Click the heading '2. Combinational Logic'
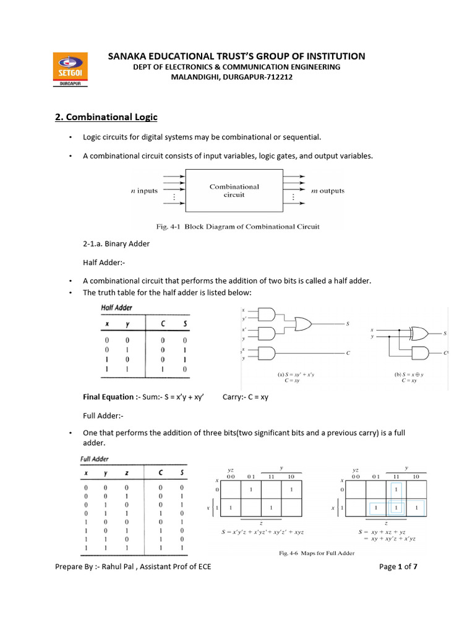(106, 117)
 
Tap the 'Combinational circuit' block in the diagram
(234, 190)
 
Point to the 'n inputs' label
(144, 191)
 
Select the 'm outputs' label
(327, 191)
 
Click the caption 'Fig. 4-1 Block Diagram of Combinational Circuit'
(237, 227)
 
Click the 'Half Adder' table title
(117, 308)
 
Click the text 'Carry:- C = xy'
(245, 397)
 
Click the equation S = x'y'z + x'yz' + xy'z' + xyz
(262, 532)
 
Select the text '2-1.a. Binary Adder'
(116, 244)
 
